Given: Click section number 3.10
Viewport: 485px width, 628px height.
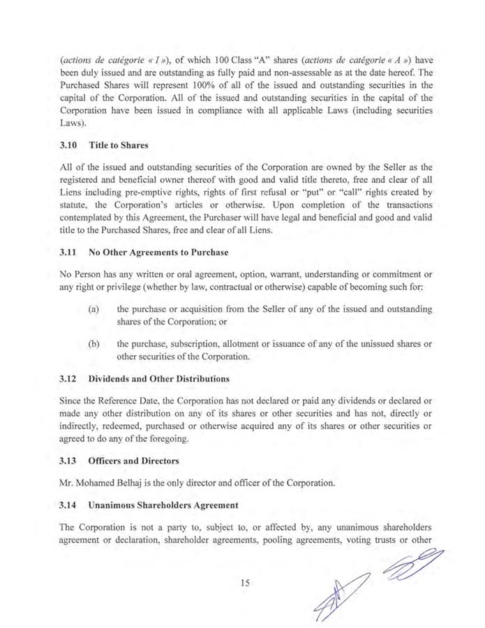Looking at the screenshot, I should (70, 147).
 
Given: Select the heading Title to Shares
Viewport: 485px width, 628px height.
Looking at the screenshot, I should (119, 147).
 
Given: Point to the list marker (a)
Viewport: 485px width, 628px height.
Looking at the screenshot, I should (94, 308).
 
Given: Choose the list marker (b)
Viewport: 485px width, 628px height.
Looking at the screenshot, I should (94, 345).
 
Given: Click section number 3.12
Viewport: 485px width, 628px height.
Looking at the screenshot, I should (70, 379).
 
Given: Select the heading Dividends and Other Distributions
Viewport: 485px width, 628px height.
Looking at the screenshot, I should (159, 379).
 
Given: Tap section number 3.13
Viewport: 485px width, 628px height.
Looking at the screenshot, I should (70, 461).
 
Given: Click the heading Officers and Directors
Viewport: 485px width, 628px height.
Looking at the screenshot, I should (134, 461).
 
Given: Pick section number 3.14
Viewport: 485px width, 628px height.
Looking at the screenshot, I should (70, 504).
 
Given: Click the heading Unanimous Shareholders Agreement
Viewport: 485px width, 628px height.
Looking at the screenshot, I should (163, 504).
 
